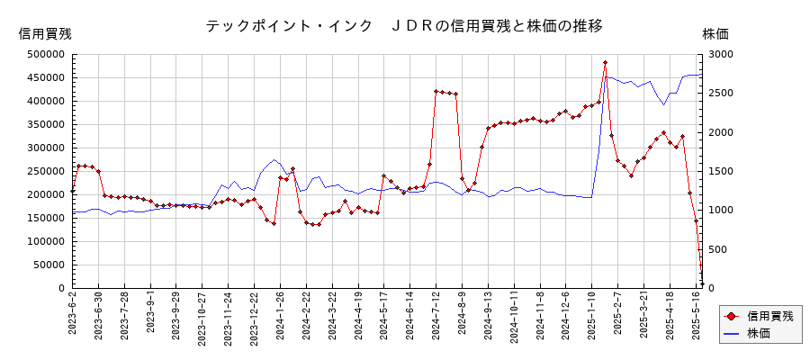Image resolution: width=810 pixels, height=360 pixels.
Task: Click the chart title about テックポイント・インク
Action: (404, 26)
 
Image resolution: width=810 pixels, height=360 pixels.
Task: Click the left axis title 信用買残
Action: (45, 34)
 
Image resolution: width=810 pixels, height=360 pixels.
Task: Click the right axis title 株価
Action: (715, 34)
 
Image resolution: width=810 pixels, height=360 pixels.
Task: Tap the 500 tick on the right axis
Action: (719, 249)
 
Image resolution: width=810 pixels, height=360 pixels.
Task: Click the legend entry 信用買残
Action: (769, 316)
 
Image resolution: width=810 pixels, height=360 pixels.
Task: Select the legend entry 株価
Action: (758, 333)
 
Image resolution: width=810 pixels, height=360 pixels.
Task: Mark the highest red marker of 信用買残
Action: (605, 63)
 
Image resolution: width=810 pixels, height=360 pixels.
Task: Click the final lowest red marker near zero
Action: (702, 283)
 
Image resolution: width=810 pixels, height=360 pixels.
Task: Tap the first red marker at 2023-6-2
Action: (73, 191)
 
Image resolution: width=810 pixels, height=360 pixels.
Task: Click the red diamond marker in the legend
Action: (731, 316)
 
